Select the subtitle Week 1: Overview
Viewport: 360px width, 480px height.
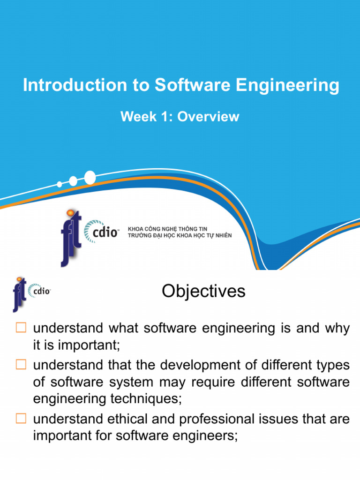point(180,117)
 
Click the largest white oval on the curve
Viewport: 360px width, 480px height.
point(90,177)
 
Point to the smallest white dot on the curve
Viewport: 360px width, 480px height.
point(60,184)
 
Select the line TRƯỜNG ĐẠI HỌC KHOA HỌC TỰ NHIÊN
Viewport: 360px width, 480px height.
point(180,235)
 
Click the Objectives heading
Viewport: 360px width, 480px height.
point(203,292)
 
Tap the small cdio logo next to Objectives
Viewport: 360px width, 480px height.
point(39,291)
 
